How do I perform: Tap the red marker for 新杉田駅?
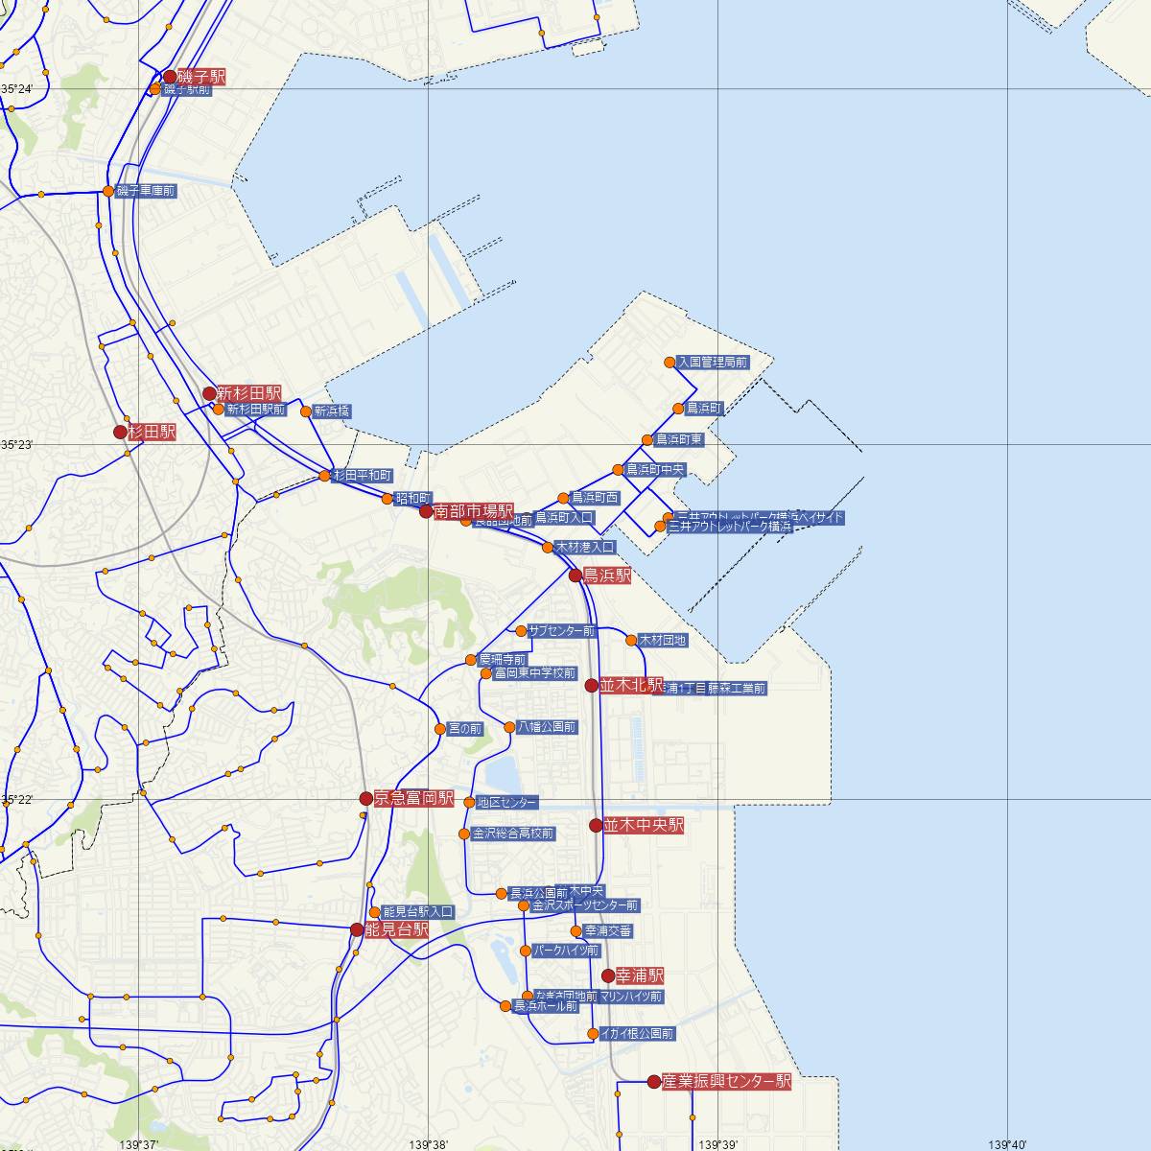click(210, 393)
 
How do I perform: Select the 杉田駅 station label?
click(153, 433)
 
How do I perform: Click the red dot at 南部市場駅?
click(427, 512)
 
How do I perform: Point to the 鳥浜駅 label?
click(607, 576)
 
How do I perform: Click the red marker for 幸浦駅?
click(608, 975)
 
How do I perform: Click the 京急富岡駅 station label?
click(413, 798)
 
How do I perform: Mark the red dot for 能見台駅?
click(358, 929)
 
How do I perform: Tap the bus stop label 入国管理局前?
click(712, 363)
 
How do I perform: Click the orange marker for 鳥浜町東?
click(648, 440)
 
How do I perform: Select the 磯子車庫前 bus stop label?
click(145, 192)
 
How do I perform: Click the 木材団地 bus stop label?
click(663, 640)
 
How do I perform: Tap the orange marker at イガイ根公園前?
click(594, 1034)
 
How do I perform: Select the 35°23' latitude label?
click(17, 445)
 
